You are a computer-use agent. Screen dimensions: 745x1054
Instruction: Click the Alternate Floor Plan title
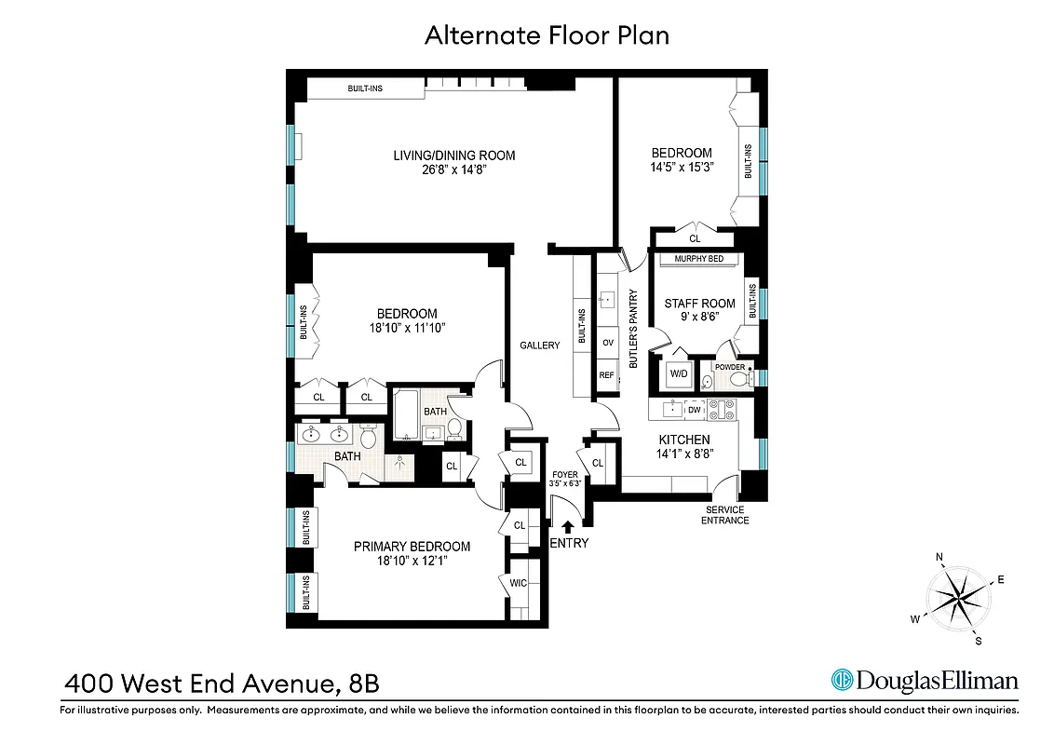tap(547, 35)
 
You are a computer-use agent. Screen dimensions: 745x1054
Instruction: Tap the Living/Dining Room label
tap(453, 156)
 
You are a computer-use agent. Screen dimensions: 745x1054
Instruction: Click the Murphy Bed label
tap(698, 259)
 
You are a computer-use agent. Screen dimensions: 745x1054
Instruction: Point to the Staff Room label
tap(699, 304)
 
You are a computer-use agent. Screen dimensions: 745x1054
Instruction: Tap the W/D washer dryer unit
tap(678, 374)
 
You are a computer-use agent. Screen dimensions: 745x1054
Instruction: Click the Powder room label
tap(731, 367)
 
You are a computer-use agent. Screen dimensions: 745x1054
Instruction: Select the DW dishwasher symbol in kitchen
tap(695, 409)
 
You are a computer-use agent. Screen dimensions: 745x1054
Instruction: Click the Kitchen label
tap(684, 440)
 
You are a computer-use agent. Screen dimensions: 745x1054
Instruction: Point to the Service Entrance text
tap(726, 515)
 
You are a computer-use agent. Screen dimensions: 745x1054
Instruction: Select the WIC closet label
tap(519, 583)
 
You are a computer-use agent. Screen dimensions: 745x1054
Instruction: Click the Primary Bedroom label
tap(412, 547)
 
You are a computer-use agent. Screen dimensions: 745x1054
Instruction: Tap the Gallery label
tap(540, 345)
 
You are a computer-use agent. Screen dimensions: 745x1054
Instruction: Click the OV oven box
tap(607, 343)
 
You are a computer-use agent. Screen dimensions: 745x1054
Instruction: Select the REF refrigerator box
tap(607, 375)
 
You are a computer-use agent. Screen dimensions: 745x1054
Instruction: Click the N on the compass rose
tap(939, 559)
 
